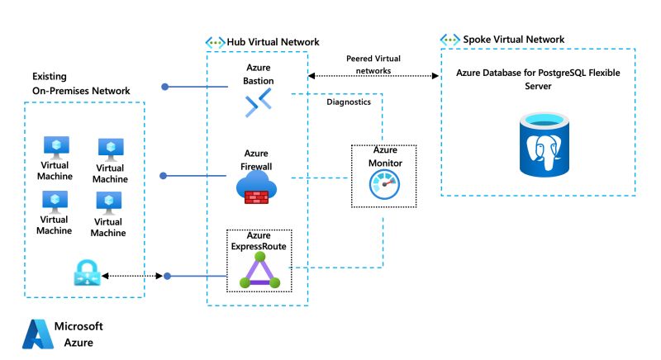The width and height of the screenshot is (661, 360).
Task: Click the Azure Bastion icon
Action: click(257, 102)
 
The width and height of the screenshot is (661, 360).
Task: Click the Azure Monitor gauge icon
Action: click(383, 187)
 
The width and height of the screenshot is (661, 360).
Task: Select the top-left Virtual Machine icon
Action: click(56, 147)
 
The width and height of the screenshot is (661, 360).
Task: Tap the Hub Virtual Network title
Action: click(272, 42)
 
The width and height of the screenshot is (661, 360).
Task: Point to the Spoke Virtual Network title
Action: click(514, 40)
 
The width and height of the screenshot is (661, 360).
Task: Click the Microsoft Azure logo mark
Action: click(36, 333)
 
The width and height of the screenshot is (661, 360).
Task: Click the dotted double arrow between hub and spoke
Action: click(372, 76)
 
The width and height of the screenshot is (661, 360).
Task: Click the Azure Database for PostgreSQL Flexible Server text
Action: click(538, 79)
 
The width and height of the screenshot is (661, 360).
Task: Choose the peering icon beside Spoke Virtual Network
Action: click(449, 40)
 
